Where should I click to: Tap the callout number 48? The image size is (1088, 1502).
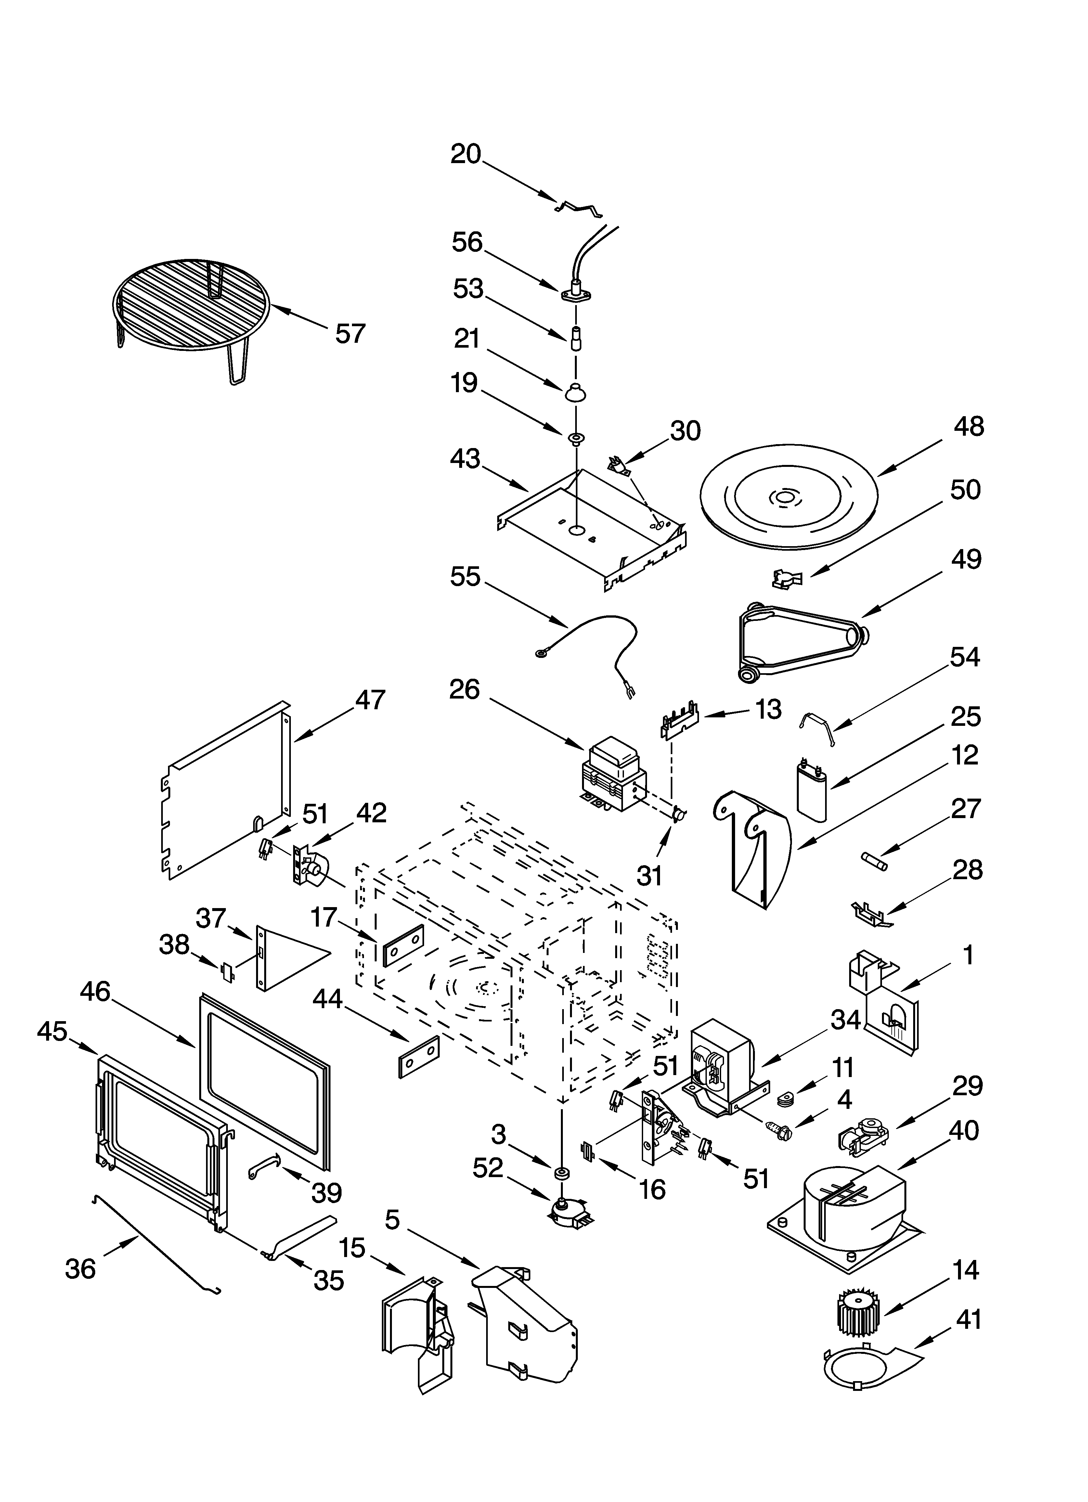click(x=969, y=427)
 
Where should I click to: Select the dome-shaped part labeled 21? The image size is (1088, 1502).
click(x=576, y=392)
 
